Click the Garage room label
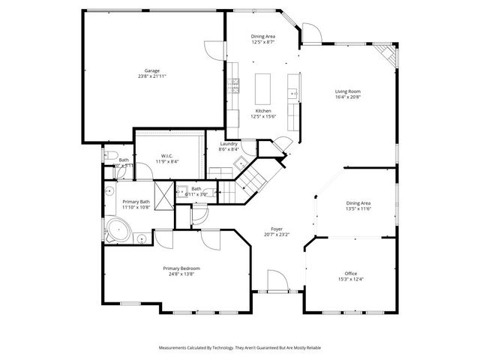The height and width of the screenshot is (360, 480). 153,70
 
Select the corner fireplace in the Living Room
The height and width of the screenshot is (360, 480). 385,53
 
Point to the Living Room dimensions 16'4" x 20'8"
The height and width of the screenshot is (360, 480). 348,97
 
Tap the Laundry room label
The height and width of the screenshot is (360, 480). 229,143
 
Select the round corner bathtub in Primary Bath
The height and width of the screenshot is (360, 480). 118,229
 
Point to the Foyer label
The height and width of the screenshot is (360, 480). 277,229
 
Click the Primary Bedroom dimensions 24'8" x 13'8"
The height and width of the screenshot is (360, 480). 181,274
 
